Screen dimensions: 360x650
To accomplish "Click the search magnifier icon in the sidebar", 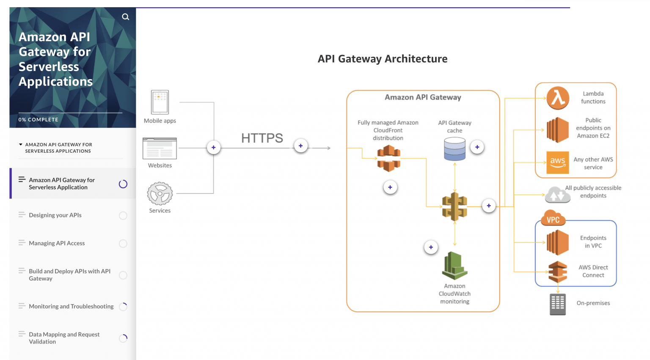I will pos(125,17).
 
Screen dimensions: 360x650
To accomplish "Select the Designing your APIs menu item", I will pos(55,215).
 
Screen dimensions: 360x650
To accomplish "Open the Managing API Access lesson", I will pos(57,243).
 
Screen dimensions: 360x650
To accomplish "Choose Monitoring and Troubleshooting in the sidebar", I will pos(71,306).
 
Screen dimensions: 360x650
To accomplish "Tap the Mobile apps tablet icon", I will pos(160,102).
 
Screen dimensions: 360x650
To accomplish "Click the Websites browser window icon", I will pos(160,148).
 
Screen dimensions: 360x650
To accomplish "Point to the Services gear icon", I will pos(160,194).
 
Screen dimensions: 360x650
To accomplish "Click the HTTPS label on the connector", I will pos(262,138).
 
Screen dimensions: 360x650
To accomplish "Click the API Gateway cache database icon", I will pos(454,149).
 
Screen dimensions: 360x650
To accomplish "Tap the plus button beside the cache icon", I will pos(477,147).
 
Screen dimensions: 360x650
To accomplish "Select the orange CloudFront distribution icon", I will pos(388,158).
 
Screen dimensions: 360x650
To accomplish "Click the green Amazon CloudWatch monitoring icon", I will pos(454,266).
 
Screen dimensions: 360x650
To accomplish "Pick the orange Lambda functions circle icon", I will pos(558,98).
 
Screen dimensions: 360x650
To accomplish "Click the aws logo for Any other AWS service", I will pos(557,162).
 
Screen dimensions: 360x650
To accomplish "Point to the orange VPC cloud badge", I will pos(553,218).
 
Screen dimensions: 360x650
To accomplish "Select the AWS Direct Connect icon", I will pos(557,272).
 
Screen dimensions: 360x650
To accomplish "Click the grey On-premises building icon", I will pos(557,304).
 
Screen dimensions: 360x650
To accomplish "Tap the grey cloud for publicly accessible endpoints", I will pos(557,195).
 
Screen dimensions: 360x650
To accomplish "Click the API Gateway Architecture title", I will pos(382,59).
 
